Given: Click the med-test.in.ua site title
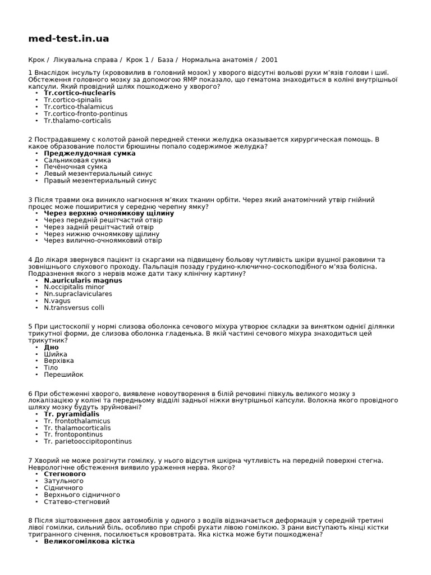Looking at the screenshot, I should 68,39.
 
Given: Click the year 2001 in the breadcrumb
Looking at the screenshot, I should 269,60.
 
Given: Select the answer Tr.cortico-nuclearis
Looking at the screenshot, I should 80,93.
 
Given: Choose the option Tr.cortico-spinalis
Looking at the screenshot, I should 73,100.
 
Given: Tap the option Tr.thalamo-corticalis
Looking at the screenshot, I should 77,121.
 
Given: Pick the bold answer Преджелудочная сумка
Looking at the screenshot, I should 90,153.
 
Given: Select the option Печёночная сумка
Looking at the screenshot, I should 76,167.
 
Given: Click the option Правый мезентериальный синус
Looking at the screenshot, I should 100,181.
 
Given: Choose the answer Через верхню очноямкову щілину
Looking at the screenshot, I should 109,213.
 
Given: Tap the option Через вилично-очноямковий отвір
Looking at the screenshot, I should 103,241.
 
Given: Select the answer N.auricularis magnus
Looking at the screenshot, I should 83,280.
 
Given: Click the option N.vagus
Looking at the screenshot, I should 58,301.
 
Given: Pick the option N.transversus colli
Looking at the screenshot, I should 74,308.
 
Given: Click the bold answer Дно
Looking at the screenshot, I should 51,347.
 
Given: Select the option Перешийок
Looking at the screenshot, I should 63,375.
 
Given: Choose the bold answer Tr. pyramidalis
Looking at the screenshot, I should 72,414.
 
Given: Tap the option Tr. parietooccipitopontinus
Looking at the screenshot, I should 88,441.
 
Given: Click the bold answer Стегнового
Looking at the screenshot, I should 65,474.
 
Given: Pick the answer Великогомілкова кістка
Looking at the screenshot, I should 89,541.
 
